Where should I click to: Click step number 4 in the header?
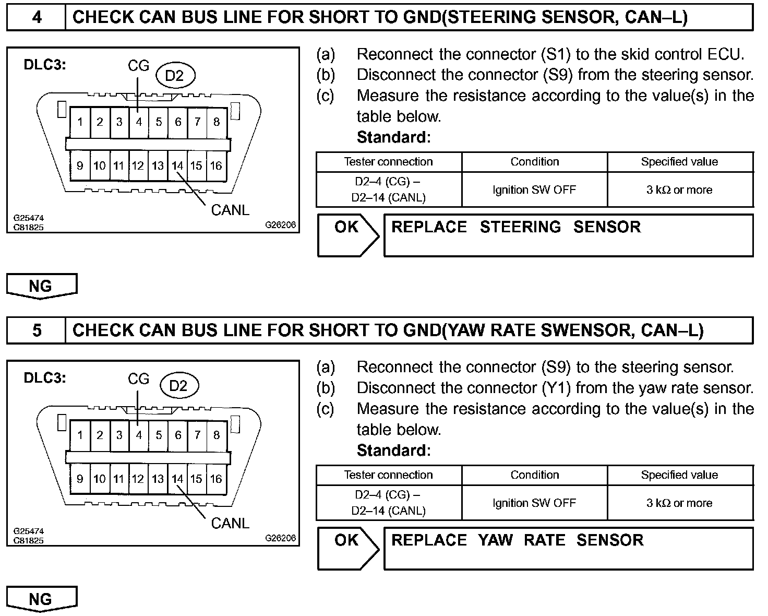[37, 17]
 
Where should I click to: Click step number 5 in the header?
[37, 330]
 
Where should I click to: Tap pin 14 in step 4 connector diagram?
[177, 166]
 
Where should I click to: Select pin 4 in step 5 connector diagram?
[139, 435]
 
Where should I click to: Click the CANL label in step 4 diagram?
[230, 210]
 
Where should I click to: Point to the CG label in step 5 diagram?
[139, 379]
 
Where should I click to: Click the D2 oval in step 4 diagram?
[175, 76]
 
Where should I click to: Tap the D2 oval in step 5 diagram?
[178, 386]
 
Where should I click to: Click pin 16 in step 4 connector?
[216, 166]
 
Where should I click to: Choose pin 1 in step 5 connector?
[80, 435]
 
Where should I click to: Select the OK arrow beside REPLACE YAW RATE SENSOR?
[347, 548]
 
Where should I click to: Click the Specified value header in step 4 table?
[679, 162]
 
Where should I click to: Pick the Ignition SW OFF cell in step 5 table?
[534, 503]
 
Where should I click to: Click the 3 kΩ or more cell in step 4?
[679, 190]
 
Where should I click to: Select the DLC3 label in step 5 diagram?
[45, 378]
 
